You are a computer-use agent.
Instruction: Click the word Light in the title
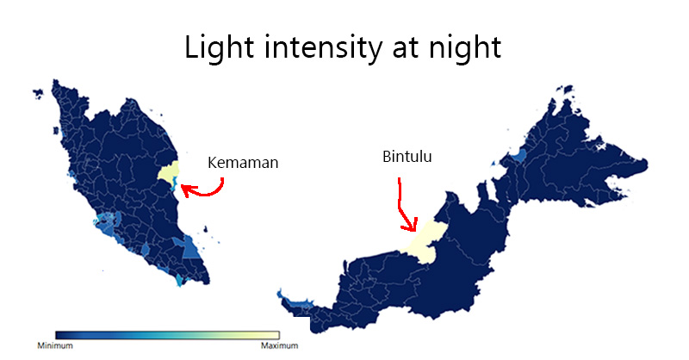point(220,48)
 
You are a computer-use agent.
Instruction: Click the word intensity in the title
point(323,47)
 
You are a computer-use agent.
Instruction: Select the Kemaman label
point(243,163)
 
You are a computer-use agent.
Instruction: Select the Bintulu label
point(407,157)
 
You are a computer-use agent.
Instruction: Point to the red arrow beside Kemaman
point(210,193)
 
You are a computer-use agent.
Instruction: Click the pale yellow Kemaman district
point(169,171)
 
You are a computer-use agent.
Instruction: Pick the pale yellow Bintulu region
point(424,242)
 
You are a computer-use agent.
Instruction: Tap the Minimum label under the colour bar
point(55,345)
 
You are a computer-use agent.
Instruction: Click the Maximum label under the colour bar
point(279,345)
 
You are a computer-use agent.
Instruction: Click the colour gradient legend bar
point(167,335)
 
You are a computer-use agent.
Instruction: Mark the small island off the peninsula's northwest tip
point(39,93)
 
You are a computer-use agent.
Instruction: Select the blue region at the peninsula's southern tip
point(180,280)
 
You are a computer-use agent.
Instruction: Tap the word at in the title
point(404,48)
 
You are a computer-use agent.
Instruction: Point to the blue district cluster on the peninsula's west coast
point(109,221)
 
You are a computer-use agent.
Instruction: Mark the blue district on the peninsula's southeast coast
point(190,247)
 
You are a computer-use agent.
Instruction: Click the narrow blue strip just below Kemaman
point(175,184)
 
